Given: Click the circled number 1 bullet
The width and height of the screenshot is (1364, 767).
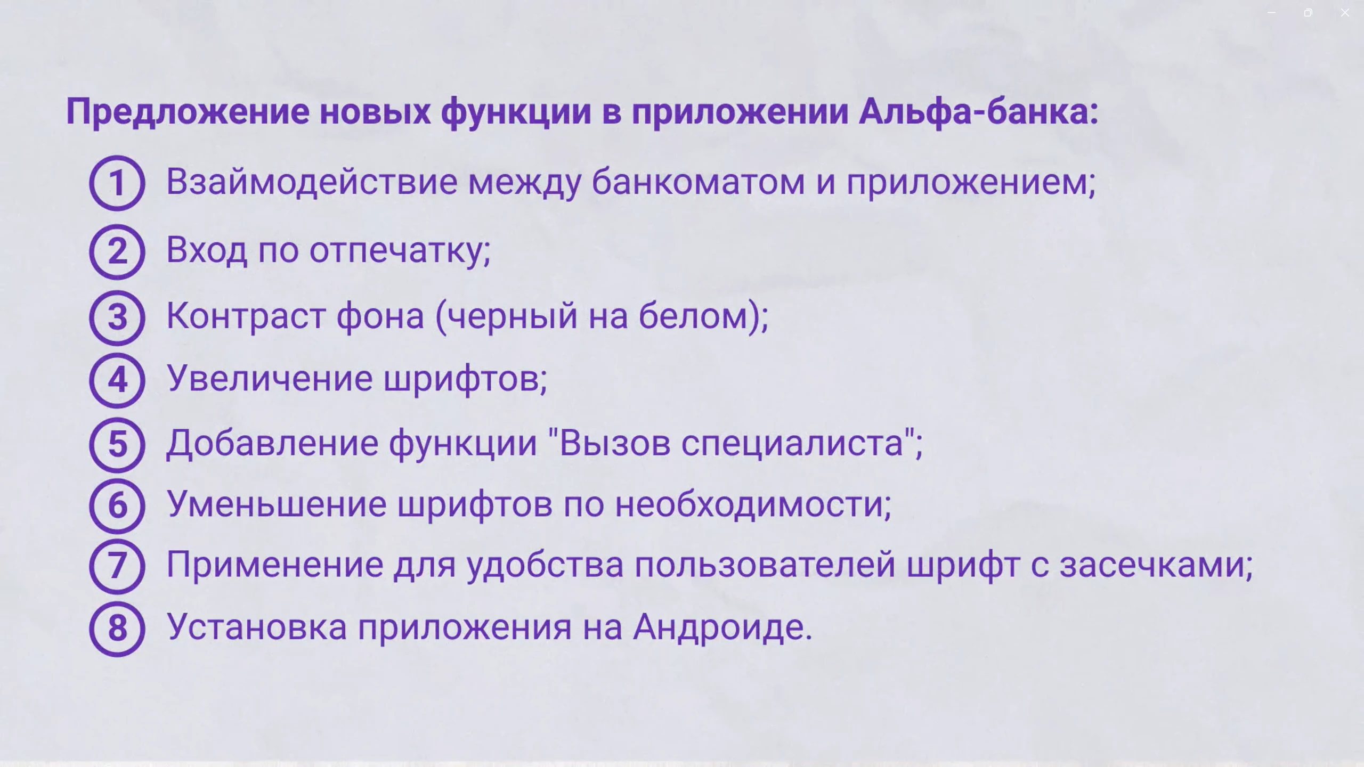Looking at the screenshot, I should [x=117, y=183].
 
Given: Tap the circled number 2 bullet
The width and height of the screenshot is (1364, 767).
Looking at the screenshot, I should [x=117, y=251].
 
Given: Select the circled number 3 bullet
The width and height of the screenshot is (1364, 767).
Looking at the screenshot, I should [x=117, y=317].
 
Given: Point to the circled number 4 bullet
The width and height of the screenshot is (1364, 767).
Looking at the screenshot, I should [x=117, y=380].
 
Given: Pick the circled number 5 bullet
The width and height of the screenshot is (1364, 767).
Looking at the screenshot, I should [x=117, y=444].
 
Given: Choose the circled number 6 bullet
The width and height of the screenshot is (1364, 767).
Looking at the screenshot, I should [x=117, y=505].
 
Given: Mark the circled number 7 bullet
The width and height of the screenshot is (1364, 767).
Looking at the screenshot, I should [x=117, y=566].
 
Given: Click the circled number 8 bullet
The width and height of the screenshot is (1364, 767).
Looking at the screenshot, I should [x=117, y=629].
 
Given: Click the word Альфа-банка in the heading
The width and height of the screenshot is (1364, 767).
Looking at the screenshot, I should [x=978, y=112].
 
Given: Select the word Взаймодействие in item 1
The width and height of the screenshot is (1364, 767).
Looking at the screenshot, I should [x=312, y=182].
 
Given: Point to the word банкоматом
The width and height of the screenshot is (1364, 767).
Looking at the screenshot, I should [x=698, y=182].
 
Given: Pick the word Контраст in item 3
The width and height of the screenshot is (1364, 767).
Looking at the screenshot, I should [x=246, y=316].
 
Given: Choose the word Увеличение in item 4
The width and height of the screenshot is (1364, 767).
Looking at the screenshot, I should [x=270, y=379].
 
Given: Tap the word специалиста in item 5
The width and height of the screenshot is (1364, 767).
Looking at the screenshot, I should [x=792, y=443].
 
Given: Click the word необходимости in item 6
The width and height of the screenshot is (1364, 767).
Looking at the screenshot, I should [x=753, y=504].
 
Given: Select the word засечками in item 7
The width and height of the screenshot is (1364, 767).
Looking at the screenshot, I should [x=1155, y=565].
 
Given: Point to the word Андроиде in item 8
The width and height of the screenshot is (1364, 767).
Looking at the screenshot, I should [x=722, y=627].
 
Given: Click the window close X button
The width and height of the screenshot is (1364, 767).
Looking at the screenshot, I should [x=1345, y=13].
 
